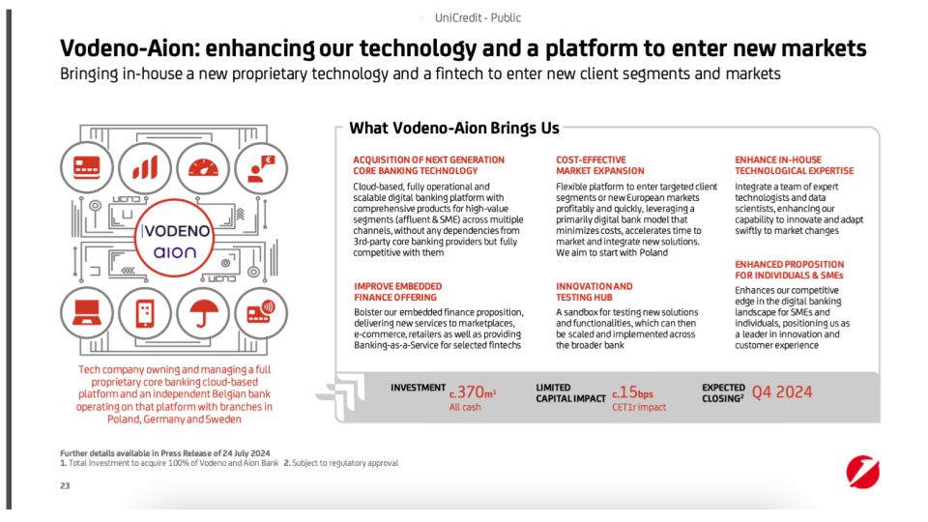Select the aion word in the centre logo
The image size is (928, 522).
(175, 252)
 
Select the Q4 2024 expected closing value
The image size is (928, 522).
(782, 391)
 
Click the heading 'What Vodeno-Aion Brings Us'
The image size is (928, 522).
(453, 128)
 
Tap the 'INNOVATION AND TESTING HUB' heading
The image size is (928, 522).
(594, 292)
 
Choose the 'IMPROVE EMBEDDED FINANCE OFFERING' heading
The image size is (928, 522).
(398, 292)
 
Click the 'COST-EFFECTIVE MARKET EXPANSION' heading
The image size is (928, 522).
(592, 165)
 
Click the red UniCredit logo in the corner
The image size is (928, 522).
(862, 474)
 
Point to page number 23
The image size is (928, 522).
(65, 486)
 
